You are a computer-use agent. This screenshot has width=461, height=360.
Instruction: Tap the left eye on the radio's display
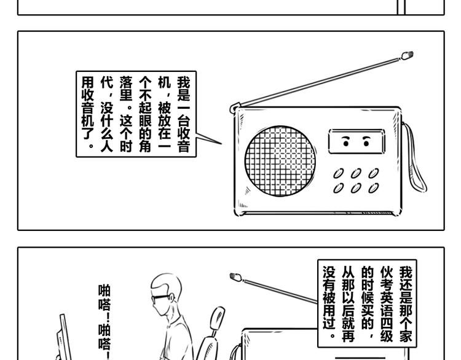coord(346,142)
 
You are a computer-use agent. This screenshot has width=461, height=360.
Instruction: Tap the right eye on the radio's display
coord(367,142)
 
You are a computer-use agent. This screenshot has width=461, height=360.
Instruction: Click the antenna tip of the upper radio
coord(407,57)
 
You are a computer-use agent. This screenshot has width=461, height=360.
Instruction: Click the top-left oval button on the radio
coord(339,174)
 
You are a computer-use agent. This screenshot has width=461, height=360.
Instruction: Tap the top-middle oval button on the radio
coord(356,174)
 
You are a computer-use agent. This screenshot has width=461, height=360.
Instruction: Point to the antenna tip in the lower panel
coord(235,277)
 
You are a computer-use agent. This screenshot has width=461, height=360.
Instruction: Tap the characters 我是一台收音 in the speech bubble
coord(183,114)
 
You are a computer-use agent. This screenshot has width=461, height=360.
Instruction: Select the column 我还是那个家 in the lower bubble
coord(405,304)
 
